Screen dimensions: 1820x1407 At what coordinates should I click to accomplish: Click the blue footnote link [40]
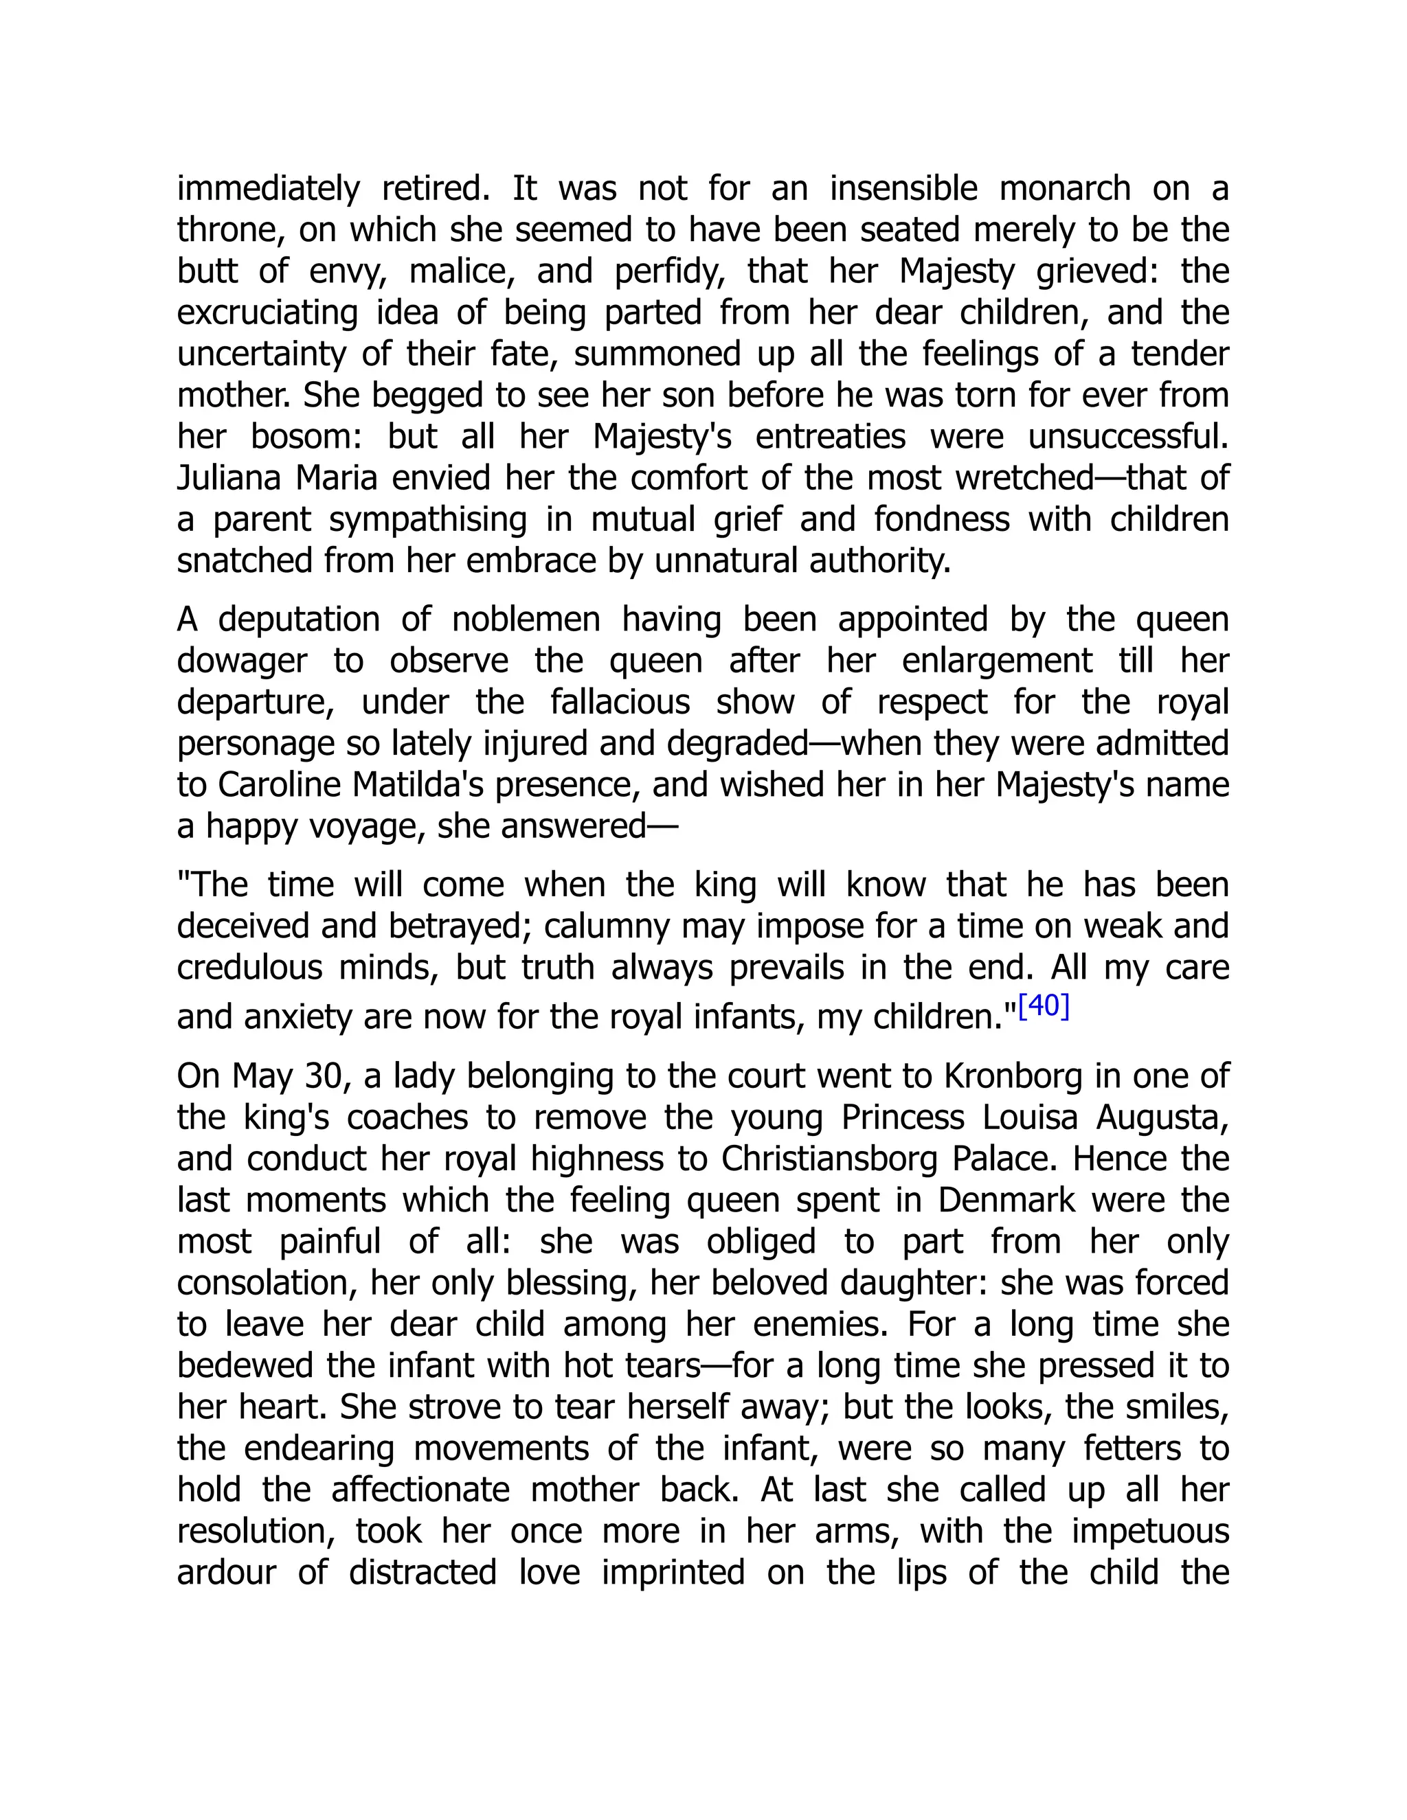tap(1044, 1007)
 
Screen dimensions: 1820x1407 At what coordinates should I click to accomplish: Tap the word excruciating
tap(267, 313)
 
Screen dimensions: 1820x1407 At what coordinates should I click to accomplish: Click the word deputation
tap(300, 620)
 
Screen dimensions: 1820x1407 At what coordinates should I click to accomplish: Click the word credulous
tap(249, 968)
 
